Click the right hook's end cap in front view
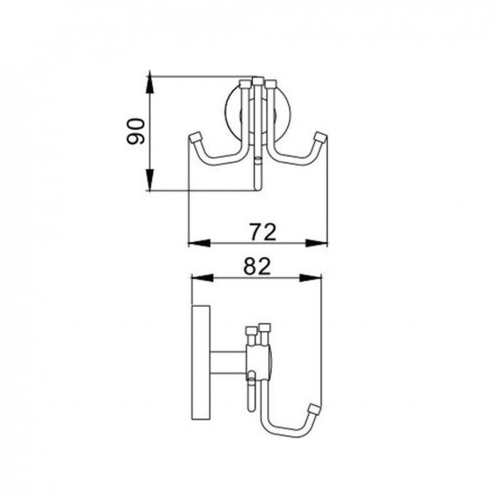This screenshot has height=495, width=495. pyautogui.click(x=319, y=139)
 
